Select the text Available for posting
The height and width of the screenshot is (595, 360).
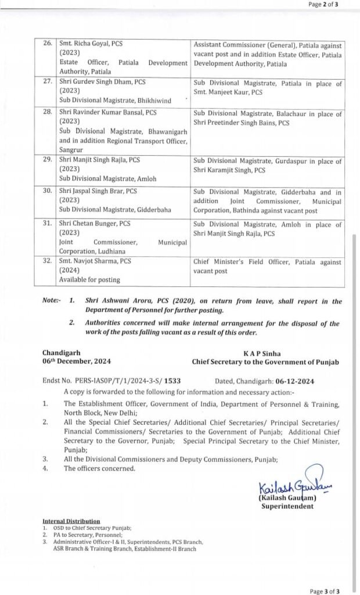[89, 280]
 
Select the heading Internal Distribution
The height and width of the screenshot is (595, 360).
[71, 521]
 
